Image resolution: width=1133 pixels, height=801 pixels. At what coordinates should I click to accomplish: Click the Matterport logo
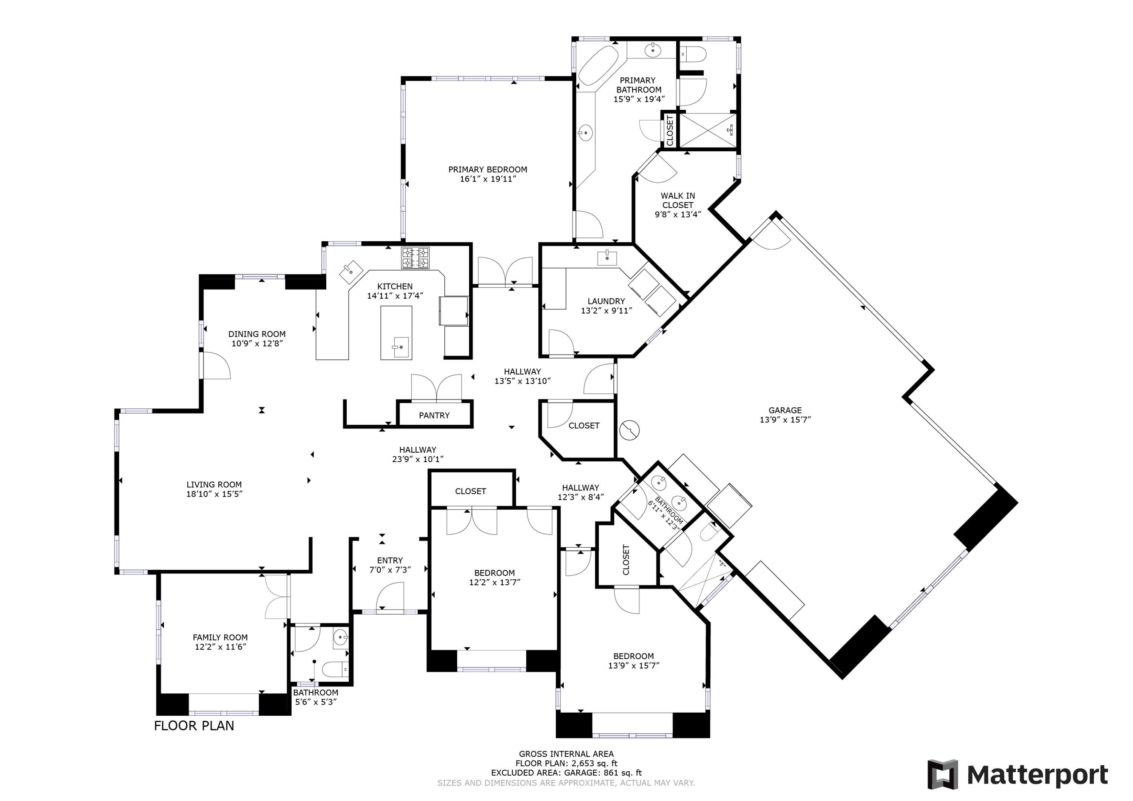click(1017, 775)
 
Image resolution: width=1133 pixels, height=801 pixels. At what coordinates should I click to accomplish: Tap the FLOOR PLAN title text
click(194, 726)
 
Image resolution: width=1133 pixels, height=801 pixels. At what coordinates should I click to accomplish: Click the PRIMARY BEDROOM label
click(488, 169)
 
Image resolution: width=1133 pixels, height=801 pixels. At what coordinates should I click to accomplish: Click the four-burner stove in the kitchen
click(415, 258)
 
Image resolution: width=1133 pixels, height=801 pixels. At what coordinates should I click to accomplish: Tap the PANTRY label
click(434, 415)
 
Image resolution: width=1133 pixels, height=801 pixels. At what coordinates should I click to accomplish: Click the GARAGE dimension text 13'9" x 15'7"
click(785, 420)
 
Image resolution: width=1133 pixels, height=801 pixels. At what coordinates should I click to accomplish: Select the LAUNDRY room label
click(606, 301)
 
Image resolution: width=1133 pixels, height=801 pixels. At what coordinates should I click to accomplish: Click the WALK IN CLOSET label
click(678, 200)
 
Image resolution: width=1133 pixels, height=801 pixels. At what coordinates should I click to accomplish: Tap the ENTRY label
click(390, 560)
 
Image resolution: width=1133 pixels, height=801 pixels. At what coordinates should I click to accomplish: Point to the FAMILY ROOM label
click(220, 637)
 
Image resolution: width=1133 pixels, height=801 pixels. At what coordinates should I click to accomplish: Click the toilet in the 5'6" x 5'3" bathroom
click(335, 669)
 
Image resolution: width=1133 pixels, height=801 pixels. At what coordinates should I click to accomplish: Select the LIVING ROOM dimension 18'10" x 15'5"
click(214, 494)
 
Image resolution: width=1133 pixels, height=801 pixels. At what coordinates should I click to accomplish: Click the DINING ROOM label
click(256, 334)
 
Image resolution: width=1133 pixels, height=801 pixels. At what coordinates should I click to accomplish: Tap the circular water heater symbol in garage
click(629, 430)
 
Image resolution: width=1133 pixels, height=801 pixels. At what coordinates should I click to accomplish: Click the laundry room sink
click(607, 257)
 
